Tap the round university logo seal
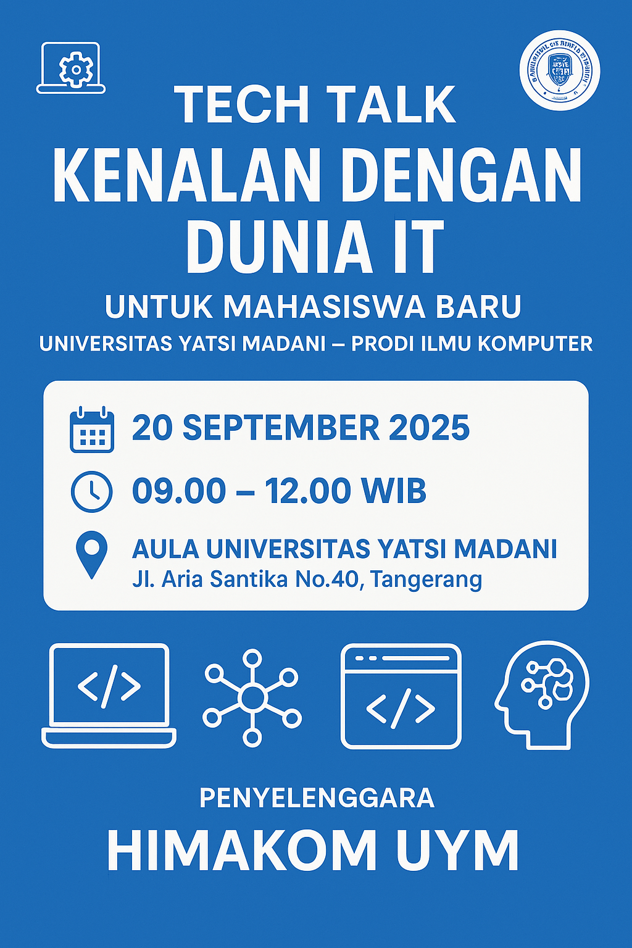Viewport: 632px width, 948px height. click(560, 70)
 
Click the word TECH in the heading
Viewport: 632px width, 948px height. click(241, 105)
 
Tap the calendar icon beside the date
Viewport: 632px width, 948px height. click(92, 430)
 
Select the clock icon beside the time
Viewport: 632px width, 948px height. click(92, 492)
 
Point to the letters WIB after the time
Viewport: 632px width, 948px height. click(394, 491)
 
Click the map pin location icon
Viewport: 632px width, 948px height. click(91, 555)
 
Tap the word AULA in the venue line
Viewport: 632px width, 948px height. click(165, 549)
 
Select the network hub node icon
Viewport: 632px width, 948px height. click(252, 697)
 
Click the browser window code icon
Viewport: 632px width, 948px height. click(401, 696)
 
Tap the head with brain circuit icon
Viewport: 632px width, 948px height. click(542, 694)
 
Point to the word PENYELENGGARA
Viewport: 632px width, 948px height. click(317, 798)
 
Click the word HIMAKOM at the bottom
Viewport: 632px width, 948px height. click(241, 850)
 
